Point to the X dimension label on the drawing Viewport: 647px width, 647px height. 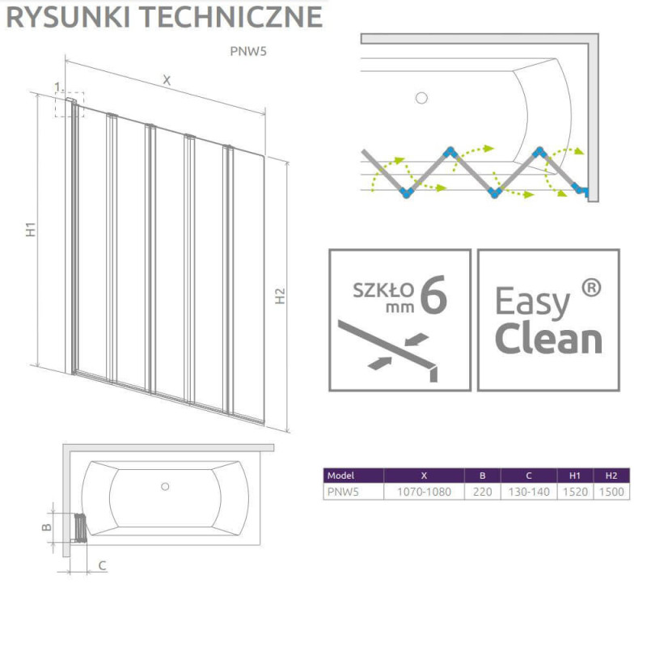[x=167, y=79]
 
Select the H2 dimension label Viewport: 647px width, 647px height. [x=280, y=296]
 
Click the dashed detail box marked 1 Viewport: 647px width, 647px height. [x=66, y=104]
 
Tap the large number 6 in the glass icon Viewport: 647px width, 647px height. [x=433, y=296]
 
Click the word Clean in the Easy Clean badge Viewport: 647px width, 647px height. [x=548, y=339]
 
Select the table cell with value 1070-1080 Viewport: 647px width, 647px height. [x=424, y=491]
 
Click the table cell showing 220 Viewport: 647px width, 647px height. [x=482, y=491]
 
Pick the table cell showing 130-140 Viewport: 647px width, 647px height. [x=527, y=491]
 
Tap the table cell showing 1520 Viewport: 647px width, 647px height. [x=573, y=491]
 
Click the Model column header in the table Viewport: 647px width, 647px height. [x=341, y=476]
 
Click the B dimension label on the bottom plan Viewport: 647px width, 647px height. [x=47, y=526]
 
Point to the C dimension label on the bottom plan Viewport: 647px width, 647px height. [x=103, y=565]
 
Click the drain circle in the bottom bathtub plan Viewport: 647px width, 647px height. [x=165, y=486]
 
